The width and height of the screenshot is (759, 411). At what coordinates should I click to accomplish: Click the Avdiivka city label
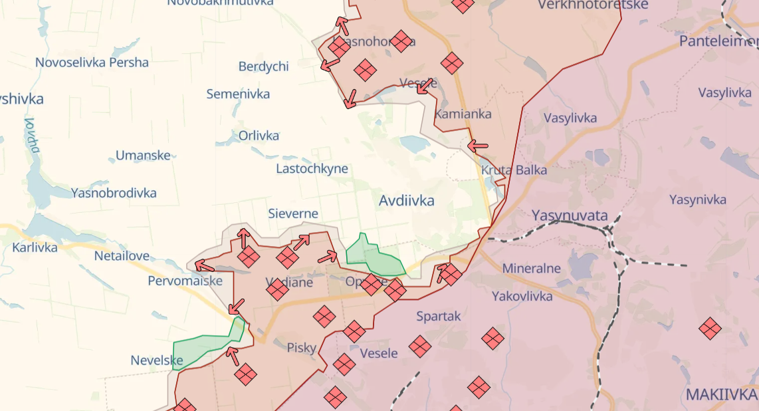pyautogui.click(x=407, y=200)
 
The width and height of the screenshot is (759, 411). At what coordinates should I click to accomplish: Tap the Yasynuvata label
pyautogui.click(x=570, y=215)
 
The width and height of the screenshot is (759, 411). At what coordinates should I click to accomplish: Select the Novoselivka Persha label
pyautogui.click(x=92, y=63)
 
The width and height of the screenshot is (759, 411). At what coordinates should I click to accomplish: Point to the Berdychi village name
pyautogui.click(x=263, y=67)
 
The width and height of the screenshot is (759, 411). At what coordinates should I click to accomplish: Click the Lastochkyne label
pyautogui.click(x=312, y=168)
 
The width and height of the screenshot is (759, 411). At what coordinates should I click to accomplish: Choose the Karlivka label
pyautogui.click(x=35, y=247)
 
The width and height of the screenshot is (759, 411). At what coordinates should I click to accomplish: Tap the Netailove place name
pyautogui.click(x=121, y=255)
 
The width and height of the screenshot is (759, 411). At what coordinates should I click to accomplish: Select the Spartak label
pyautogui.click(x=438, y=317)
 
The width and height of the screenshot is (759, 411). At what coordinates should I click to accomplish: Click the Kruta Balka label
pyautogui.click(x=514, y=170)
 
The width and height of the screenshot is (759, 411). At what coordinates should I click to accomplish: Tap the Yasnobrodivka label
pyautogui.click(x=114, y=193)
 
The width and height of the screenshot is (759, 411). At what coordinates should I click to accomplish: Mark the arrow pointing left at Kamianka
pyautogui.click(x=478, y=145)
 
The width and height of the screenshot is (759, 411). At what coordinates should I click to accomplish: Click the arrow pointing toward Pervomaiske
pyautogui.click(x=204, y=266)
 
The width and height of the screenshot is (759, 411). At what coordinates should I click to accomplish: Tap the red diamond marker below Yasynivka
pyautogui.click(x=710, y=328)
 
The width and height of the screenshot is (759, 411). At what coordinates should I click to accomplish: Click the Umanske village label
pyautogui.click(x=143, y=156)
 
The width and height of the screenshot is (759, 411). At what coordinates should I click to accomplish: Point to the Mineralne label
pyautogui.click(x=532, y=269)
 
